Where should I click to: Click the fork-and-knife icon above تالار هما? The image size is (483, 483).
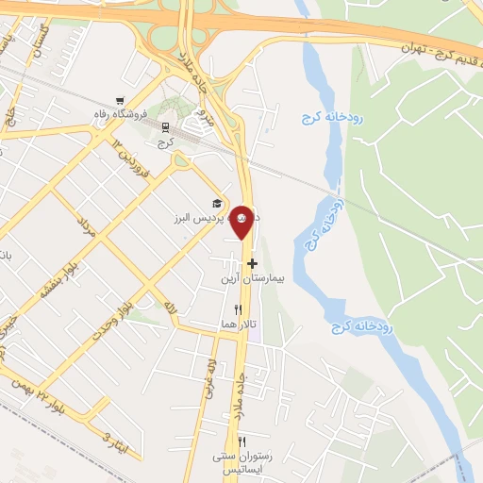click(x=238, y=308)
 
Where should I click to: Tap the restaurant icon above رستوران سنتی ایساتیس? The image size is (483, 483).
click(x=242, y=441)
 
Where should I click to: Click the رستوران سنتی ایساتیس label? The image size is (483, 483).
click(x=241, y=461)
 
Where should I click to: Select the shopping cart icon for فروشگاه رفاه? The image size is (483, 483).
click(x=119, y=102)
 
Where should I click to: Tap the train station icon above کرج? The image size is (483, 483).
click(x=166, y=126)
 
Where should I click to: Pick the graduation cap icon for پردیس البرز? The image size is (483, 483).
click(x=217, y=204)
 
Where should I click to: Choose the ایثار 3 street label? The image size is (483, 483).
click(x=111, y=441)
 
